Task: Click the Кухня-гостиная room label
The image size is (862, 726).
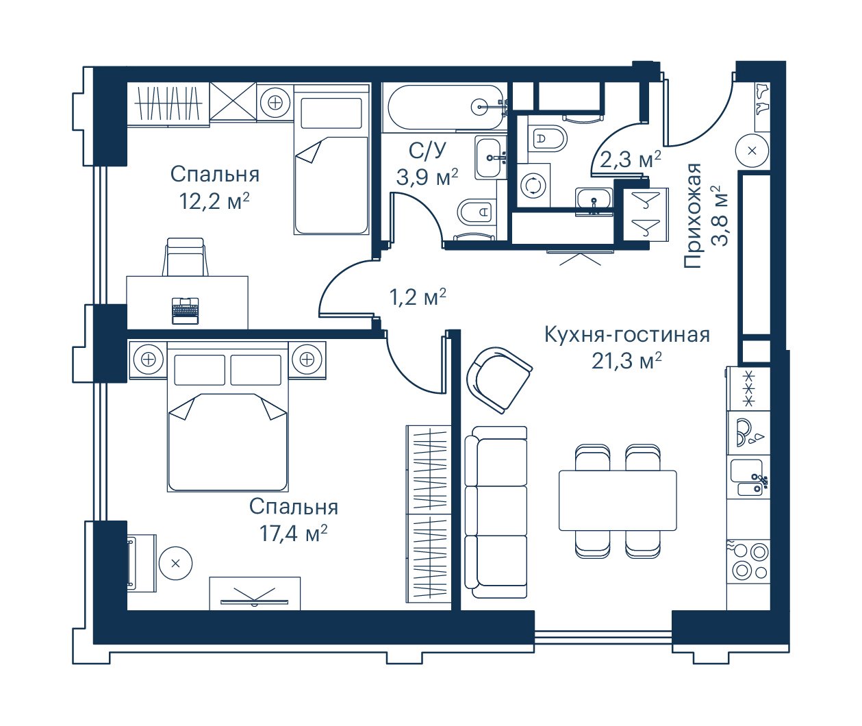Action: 627,334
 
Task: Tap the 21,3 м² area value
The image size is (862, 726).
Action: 626,360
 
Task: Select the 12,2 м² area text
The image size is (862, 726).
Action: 214,201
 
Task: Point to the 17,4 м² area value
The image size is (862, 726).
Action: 293,533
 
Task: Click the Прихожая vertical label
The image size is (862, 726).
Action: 692,216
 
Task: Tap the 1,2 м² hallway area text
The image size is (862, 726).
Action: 418,297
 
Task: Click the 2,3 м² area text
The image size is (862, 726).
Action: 631,160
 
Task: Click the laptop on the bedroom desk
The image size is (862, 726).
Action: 185,310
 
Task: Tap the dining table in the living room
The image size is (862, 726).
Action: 618,501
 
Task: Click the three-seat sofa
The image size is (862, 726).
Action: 496,512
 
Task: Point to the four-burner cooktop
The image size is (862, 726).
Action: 749,562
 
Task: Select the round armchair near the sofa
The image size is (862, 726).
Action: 498,379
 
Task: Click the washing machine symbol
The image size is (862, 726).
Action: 533,186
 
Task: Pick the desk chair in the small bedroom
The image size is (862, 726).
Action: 186,257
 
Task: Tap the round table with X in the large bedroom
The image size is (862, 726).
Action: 175,563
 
